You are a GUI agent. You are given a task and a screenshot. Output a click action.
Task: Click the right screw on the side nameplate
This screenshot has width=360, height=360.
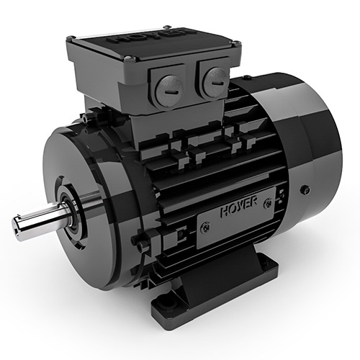pyautogui.click(x=269, y=202)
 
